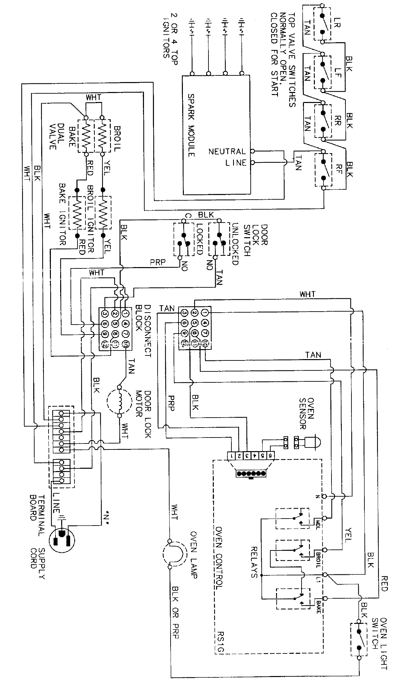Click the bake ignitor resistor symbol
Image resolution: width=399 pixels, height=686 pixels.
77,213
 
